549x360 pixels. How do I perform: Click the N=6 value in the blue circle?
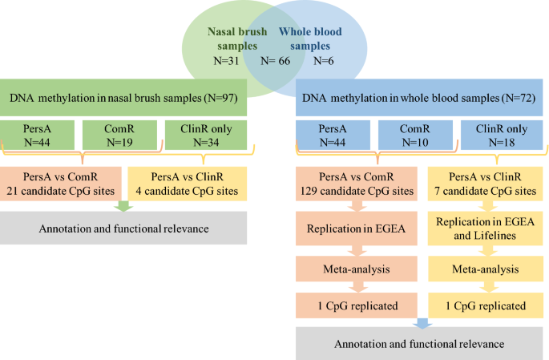(x=323, y=61)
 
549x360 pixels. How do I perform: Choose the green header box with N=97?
(x=123, y=98)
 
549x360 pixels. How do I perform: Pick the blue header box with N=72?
(x=418, y=98)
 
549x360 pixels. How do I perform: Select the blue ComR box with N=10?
(x=417, y=134)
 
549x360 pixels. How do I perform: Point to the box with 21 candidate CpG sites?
(x=61, y=183)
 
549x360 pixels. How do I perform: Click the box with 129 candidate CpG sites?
(x=355, y=183)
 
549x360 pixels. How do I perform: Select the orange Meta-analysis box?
(x=355, y=269)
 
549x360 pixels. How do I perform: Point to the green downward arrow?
(x=123, y=205)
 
